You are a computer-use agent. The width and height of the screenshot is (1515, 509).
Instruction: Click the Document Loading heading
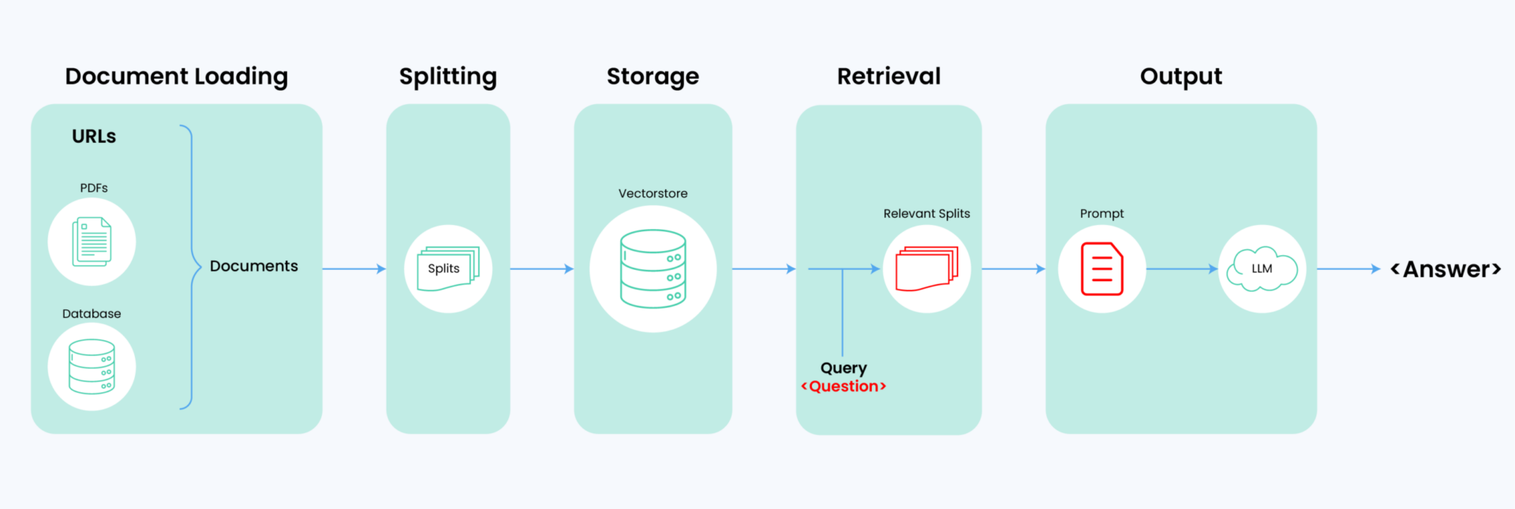point(176,77)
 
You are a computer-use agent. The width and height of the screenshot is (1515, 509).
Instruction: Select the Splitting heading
point(447,77)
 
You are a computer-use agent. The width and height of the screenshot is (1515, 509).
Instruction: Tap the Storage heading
point(653,77)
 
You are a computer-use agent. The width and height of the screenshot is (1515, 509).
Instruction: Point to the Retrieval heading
point(888,76)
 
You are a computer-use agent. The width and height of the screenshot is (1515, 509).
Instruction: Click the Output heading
point(1180,77)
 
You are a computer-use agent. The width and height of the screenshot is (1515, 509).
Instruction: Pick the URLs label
point(94,137)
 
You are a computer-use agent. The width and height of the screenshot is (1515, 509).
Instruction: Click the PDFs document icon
point(92,241)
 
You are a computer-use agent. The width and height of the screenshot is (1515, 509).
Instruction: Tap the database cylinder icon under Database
point(92,366)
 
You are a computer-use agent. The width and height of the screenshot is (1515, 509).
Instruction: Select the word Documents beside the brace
point(254,266)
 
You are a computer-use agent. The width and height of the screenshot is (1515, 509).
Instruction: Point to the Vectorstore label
point(653,193)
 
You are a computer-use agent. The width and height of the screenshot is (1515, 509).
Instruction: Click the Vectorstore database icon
point(653,268)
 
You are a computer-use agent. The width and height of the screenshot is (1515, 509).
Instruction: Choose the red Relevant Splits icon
point(926,269)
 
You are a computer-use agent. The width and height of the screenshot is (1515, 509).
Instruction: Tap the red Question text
point(844,386)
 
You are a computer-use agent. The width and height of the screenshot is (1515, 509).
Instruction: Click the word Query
point(844,368)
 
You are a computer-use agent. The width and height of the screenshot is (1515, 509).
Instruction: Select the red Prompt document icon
point(1102,269)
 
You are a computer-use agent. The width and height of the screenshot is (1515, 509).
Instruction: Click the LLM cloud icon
point(1262,269)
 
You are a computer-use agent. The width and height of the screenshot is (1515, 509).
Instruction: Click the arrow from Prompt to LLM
point(1182,269)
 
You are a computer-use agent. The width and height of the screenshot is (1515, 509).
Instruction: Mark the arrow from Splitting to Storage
point(542,269)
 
